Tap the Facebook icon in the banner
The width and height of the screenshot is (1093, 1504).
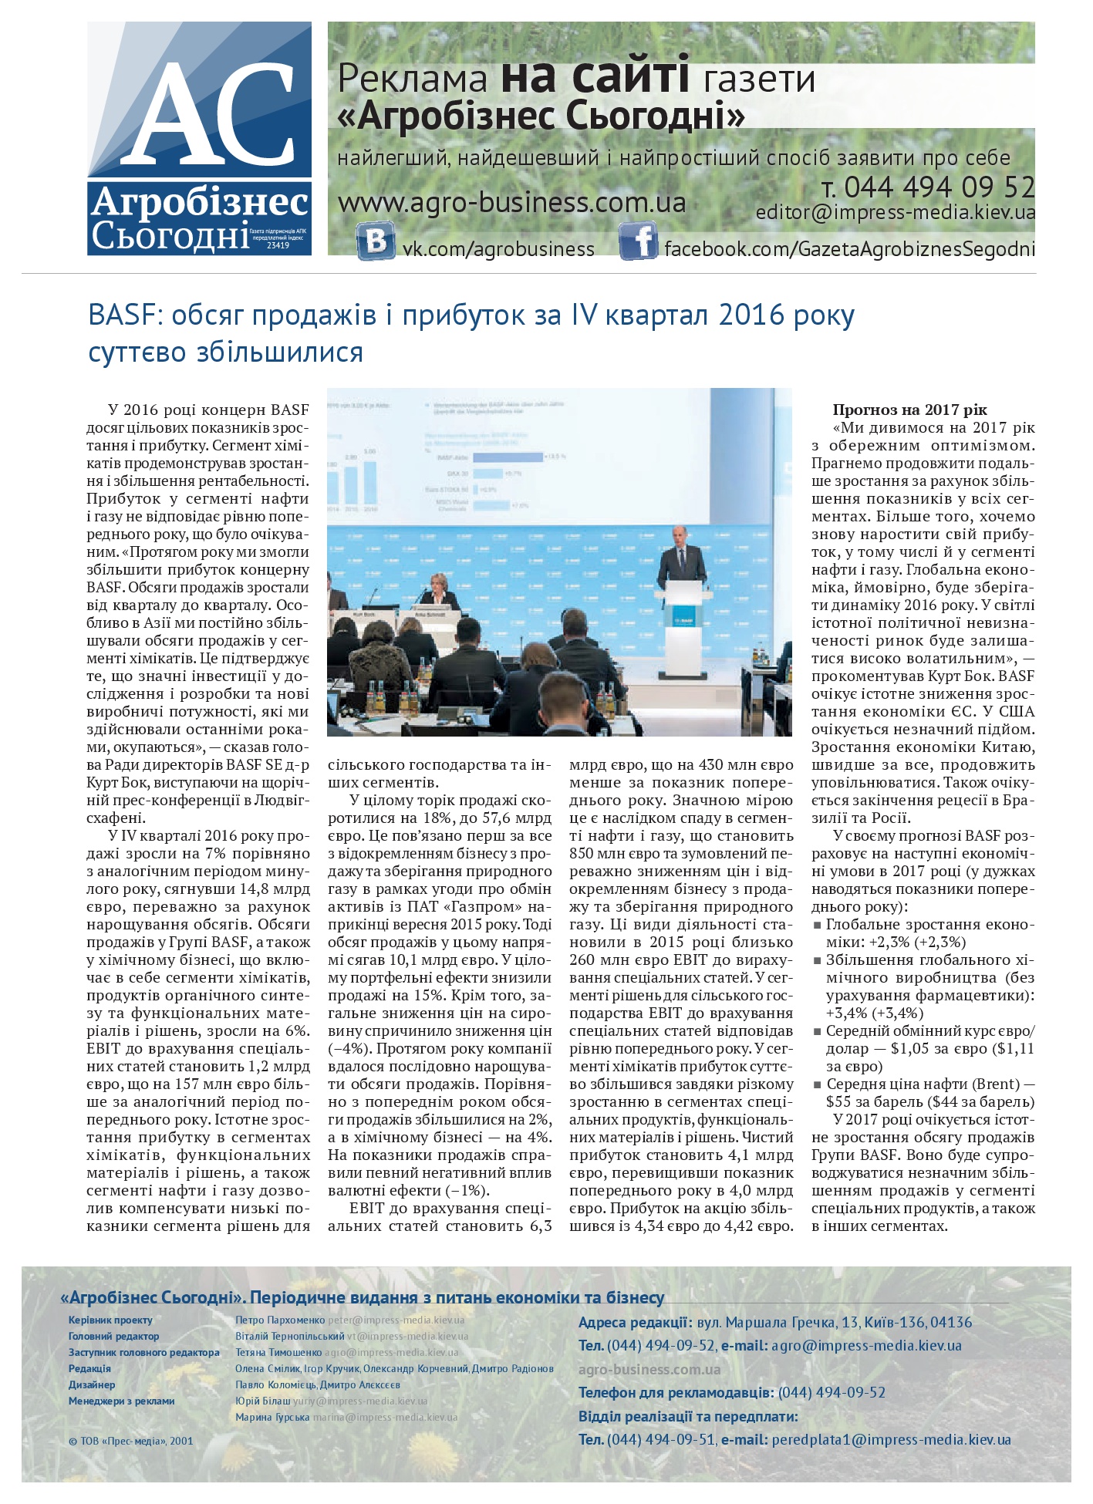(x=637, y=241)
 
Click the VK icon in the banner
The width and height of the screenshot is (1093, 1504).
(x=376, y=241)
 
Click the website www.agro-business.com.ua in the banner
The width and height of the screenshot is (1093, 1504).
(x=512, y=203)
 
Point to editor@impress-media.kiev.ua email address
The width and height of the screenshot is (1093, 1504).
(x=896, y=213)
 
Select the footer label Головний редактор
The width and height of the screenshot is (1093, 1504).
(x=113, y=1336)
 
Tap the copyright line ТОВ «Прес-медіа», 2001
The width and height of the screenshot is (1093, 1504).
(x=130, y=1440)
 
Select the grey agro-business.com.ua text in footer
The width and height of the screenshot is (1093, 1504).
(x=649, y=1369)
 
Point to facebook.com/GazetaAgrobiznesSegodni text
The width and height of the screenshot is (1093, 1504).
(x=849, y=249)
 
